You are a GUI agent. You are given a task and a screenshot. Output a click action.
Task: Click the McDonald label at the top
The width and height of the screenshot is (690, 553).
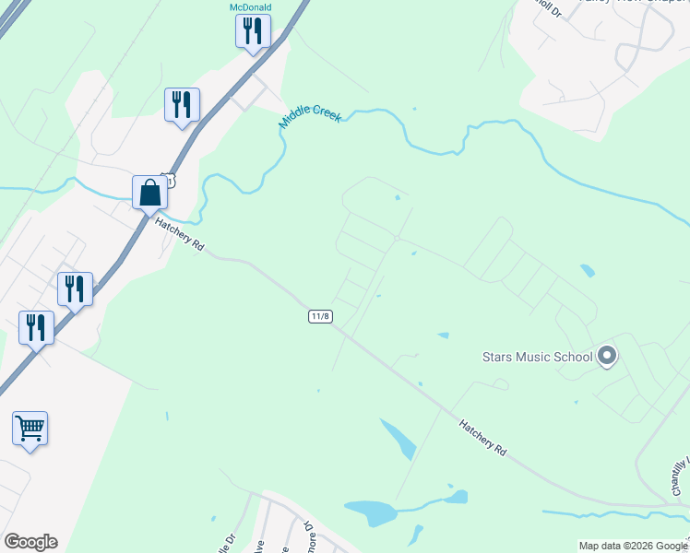click(x=251, y=7)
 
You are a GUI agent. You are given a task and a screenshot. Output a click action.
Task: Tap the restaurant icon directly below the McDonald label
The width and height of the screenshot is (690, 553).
click(x=251, y=30)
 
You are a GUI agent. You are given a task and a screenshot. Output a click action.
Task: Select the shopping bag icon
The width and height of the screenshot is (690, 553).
click(x=149, y=194)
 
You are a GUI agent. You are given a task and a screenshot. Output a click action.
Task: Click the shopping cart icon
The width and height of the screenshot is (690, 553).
click(x=30, y=428)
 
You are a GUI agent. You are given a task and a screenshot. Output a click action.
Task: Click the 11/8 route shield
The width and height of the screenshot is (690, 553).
click(x=320, y=316)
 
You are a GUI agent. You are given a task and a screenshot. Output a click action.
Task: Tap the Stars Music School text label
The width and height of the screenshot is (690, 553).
click(x=537, y=356)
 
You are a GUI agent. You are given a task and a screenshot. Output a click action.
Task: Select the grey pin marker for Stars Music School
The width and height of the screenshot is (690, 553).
click(x=607, y=355)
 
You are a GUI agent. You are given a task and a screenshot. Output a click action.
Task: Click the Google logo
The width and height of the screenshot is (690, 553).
click(x=30, y=542)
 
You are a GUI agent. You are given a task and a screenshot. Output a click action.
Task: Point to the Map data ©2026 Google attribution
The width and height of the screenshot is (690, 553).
click(x=633, y=546)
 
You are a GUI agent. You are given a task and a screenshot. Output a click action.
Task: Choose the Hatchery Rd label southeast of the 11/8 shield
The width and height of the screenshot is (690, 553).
click(x=483, y=436)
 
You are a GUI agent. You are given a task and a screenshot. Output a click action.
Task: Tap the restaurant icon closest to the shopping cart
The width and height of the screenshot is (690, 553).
click(x=36, y=328)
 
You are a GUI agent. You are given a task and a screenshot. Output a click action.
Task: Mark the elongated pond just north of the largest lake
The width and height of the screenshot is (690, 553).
click(x=398, y=438)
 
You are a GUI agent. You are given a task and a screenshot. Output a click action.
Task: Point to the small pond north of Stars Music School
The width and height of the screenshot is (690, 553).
click(x=588, y=270)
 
